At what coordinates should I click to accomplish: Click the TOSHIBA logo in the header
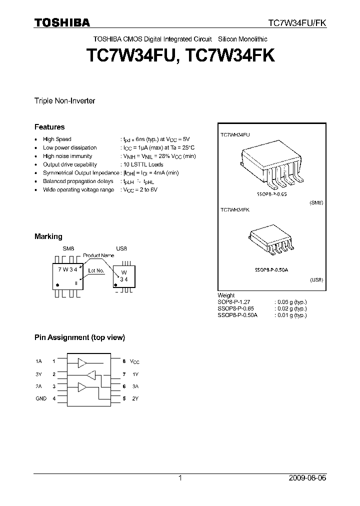[62, 22]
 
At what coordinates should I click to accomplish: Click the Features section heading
[49, 127]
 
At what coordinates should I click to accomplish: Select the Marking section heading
[48, 236]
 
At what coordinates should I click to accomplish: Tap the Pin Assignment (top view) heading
[79, 337]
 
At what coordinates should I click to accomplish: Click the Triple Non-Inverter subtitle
[64, 101]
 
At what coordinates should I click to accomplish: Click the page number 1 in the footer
[180, 478]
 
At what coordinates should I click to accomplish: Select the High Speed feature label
[57, 139]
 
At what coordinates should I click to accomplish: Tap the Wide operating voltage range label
[78, 190]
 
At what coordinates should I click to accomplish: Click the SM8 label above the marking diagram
[68, 248]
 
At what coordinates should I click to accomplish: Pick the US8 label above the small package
[121, 248]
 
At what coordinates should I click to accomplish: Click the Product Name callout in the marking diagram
[98, 255]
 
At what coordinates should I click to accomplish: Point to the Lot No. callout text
[95, 270]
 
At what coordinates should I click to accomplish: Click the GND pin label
[41, 398]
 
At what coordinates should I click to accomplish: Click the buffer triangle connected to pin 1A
[82, 361]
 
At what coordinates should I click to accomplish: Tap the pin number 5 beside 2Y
[124, 398]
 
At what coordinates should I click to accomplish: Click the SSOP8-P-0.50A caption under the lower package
[270, 270]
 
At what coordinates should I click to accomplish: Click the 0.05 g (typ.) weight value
[290, 302]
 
